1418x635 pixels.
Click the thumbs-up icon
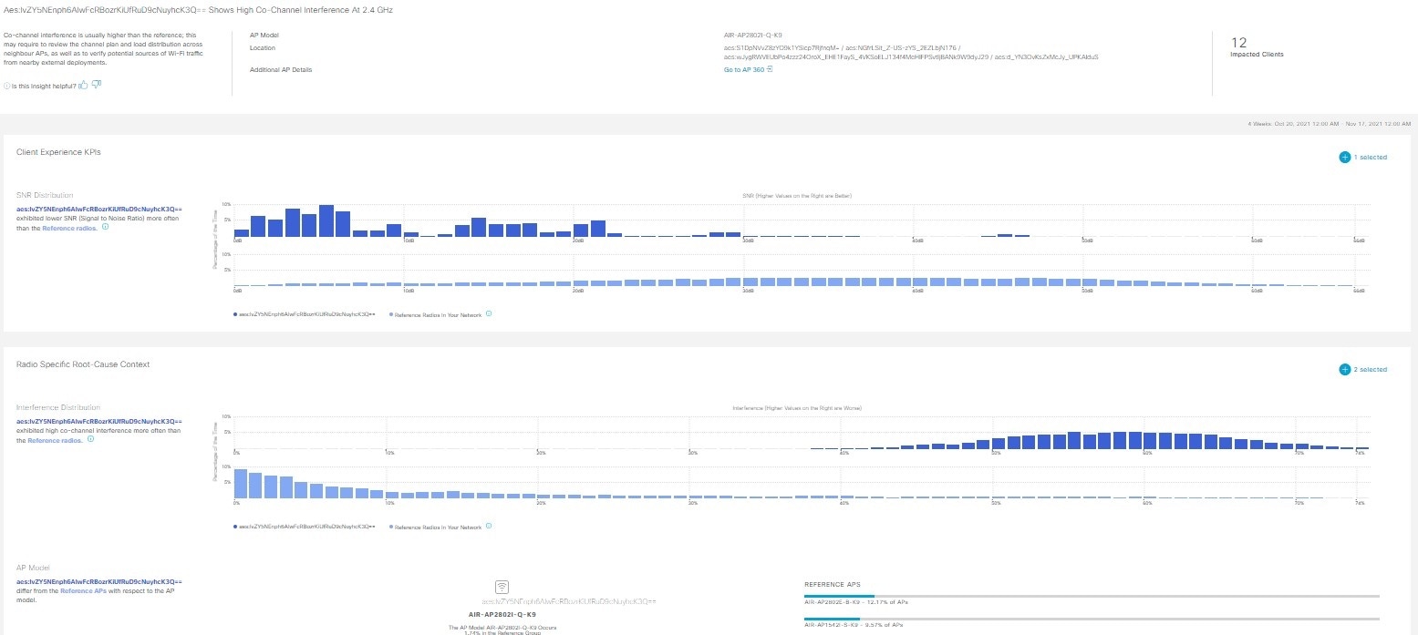click(x=83, y=86)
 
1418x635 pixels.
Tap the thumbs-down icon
click(x=96, y=86)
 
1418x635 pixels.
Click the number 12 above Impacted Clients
click(x=1238, y=42)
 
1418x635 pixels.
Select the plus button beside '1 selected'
click(x=1344, y=158)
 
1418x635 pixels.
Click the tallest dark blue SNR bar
click(x=326, y=220)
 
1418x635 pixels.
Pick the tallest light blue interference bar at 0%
click(x=241, y=483)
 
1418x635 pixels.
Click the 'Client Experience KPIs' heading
click(x=58, y=152)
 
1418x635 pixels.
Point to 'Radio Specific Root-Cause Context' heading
click(x=83, y=364)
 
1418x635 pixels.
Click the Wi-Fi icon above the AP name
click(x=502, y=587)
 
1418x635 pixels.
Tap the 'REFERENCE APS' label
click(x=832, y=584)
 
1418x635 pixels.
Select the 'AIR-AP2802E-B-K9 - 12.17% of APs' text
click(x=856, y=602)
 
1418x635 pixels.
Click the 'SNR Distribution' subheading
click(x=45, y=195)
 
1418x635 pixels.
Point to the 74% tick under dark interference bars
click(x=1360, y=453)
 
